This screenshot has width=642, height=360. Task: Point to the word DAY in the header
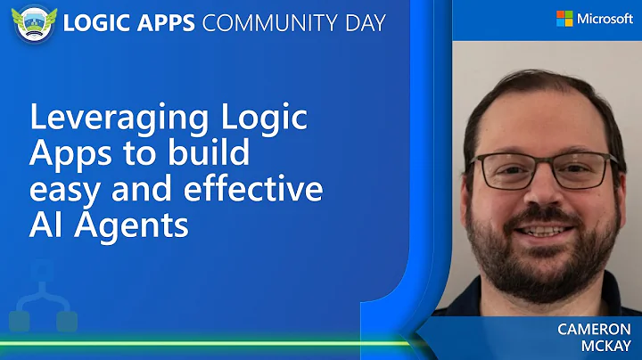coord(363,22)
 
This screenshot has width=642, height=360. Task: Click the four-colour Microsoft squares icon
coord(564,19)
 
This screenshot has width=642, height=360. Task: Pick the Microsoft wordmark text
coord(605,19)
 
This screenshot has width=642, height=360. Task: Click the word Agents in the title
coord(133,225)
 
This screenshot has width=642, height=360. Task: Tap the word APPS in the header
coord(165,22)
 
